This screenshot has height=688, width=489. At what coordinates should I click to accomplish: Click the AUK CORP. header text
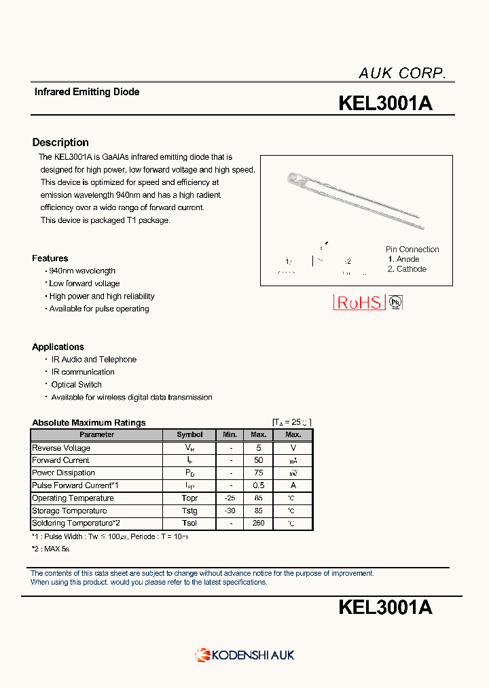pos(402,73)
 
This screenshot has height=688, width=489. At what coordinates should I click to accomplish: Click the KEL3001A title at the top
pos(385,103)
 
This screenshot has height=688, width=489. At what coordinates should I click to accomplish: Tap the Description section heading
pos(60,143)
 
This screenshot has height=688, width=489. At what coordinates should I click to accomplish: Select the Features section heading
pos(50,258)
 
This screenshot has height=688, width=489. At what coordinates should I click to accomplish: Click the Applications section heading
pos(58,347)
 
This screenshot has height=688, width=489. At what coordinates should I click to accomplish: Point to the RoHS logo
pos(359,303)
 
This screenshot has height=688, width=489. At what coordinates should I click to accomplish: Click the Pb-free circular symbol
pos(395,303)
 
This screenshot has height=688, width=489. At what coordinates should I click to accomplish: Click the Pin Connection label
pos(412,250)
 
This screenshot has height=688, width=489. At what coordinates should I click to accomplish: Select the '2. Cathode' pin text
pos(407,269)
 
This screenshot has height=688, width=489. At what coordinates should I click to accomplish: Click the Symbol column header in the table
pos(189,434)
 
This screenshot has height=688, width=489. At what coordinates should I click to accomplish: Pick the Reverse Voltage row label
pos(61,448)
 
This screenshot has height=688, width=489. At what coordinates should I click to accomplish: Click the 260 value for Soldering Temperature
pos(258,523)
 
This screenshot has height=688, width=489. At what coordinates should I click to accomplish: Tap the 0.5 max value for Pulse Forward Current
pos(258,485)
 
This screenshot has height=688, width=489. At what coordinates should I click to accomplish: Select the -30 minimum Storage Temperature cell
pos(231,511)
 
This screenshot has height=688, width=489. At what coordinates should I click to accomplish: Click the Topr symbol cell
pos(189,498)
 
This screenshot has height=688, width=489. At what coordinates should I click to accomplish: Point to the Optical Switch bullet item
pos(76,385)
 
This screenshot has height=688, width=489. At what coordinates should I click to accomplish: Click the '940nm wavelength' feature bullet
pos(82,271)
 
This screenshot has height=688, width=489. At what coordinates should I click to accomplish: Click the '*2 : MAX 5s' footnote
pos(50,549)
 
